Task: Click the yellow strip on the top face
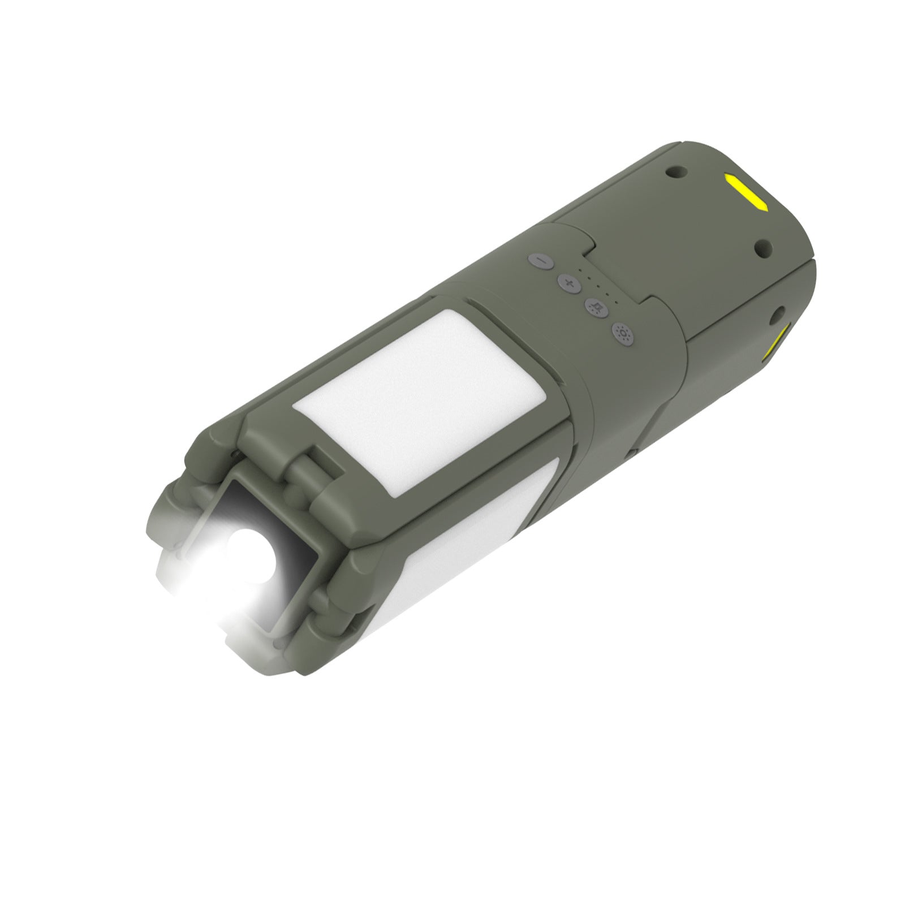[x=745, y=192]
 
